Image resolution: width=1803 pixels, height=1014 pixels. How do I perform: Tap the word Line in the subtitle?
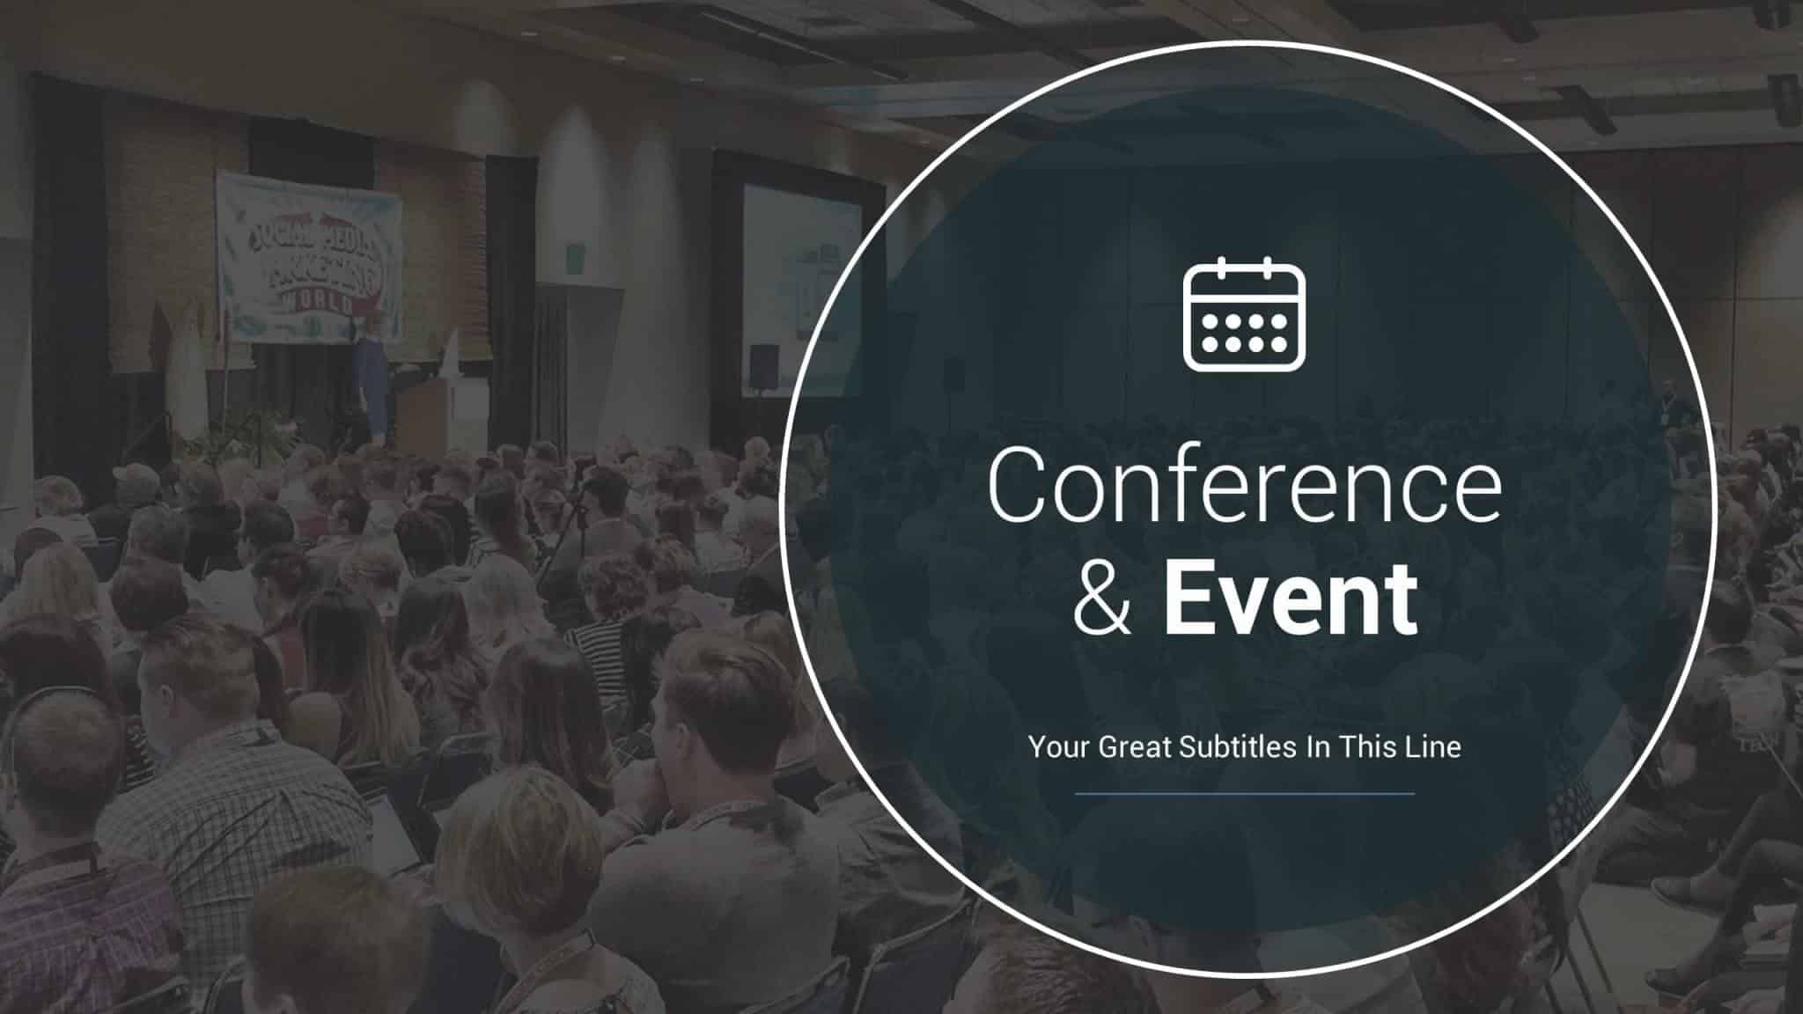(1435, 747)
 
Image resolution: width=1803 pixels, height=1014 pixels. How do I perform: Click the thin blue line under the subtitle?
(1244, 793)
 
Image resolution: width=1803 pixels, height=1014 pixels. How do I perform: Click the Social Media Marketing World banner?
(308, 256)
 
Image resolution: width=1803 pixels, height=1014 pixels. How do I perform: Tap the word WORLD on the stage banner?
(317, 304)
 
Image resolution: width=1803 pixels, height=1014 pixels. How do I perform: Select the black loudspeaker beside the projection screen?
(763, 368)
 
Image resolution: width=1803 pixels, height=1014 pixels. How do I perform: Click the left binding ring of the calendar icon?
(1222, 265)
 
